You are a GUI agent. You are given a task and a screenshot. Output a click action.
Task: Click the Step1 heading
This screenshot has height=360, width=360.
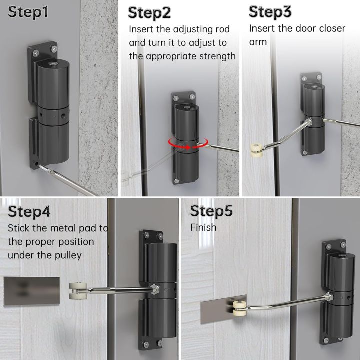(x=28, y=12)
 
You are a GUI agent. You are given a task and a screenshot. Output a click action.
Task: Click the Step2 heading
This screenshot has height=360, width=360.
(x=150, y=12)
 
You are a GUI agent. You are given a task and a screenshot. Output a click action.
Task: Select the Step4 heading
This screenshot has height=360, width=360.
(x=29, y=211)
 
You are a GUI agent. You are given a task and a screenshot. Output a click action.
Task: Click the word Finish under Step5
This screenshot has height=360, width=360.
(x=203, y=228)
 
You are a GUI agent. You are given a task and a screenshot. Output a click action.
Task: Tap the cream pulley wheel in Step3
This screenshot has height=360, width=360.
(x=256, y=148)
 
